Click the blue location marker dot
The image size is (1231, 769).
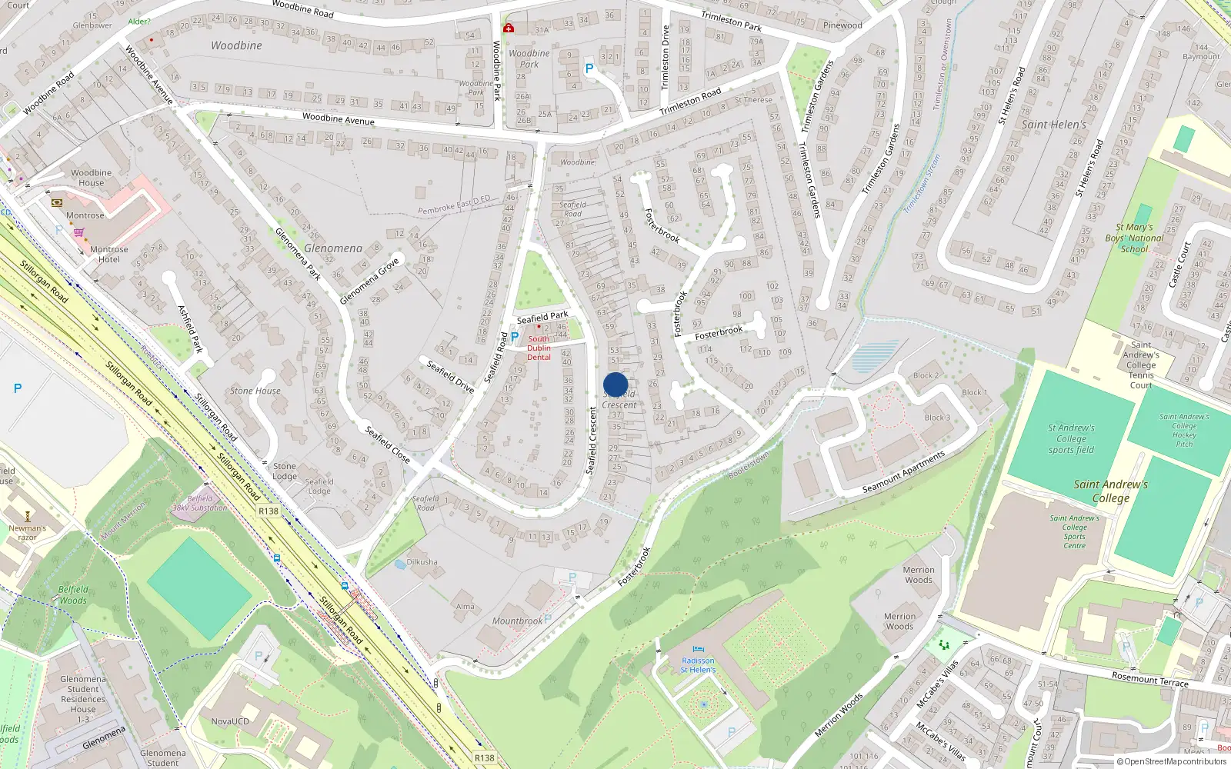pyautogui.click(x=615, y=385)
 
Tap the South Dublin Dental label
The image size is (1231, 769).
pyautogui.click(x=539, y=348)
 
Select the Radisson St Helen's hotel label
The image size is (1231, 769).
pyautogui.click(x=698, y=665)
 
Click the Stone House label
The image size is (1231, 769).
pyautogui.click(x=255, y=391)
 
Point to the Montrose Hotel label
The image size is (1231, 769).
pyautogui.click(x=109, y=255)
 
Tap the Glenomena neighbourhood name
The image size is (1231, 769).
pyautogui.click(x=333, y=248)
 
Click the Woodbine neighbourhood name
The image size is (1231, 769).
pyautogui.click(x=236, y=45)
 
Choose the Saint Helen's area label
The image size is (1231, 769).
pyautogui.click(x=1054, y=125)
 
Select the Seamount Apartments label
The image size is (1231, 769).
pyautogui.click(x=903, y=472)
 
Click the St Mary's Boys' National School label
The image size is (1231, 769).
pyautogui.click(x=1134, y=238)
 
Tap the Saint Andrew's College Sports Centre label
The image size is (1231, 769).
pyautogui.click(x=1075, y=531)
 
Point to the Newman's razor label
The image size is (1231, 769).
pyautogui.click(x=28, y=532)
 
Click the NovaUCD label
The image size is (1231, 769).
pyautogui.click(x=230, y=721)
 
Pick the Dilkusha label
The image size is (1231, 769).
pyautogui.click(x=422, y=562)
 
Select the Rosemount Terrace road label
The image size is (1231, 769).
pyautogui.click(x=1149, y=678)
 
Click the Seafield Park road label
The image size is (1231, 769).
pyautogui.click(x=542, y=317)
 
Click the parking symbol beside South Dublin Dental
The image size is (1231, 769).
pyautogui.click(x=514, y=337)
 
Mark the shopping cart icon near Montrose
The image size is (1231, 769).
pyautogui.click(x=78, y=231)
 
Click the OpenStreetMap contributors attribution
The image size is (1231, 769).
pyautogui.click(x=1172, y=761)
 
